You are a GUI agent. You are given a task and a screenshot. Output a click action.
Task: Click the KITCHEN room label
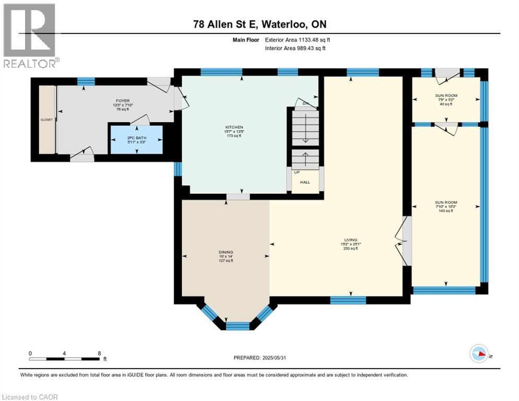[x=234, y=127]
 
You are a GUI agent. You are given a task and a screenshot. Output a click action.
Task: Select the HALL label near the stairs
[x=304, y=182]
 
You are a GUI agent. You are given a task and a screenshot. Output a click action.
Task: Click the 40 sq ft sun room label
[x=446, y=96]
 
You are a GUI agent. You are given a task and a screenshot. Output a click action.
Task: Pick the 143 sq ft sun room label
[x=446, y=202]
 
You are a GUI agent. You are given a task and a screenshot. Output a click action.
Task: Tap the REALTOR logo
[x=30, y=36]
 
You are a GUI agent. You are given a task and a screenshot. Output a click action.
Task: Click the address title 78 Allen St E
[x=259, y=25]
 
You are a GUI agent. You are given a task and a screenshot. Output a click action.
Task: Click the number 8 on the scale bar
[x=99, y=353]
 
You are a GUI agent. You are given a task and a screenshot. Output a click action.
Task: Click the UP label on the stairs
[x=296, y=172]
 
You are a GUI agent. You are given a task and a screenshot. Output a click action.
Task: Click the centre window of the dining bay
[x=238, y=326]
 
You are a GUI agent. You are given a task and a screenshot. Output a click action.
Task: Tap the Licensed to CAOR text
[x=30, y=397]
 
